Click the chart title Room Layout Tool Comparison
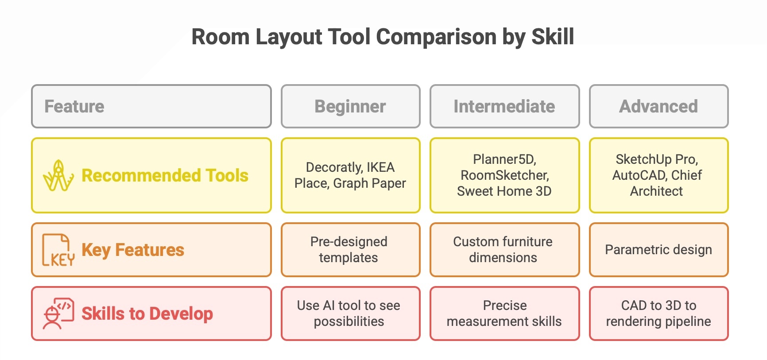coord(383,36)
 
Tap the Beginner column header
coord(350,106)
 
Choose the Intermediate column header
coord(504,106)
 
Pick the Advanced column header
coord(659,106)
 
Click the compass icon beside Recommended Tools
coord(58,176)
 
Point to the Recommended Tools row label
coord(165,176)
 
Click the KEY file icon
coord(58,250)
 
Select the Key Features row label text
coord(133,250)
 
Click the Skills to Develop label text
coord(147,314)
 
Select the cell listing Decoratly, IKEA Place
coord(350,175)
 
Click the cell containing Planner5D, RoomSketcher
coord(504,175)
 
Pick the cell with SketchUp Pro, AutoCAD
coord(659,175)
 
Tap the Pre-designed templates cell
coord(350,250)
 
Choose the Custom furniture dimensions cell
coord(504,250)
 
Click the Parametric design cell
coord(659,250)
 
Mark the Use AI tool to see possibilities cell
coord(350,314)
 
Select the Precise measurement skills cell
coord(504,314)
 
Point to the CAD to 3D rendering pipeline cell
coord(659,314)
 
